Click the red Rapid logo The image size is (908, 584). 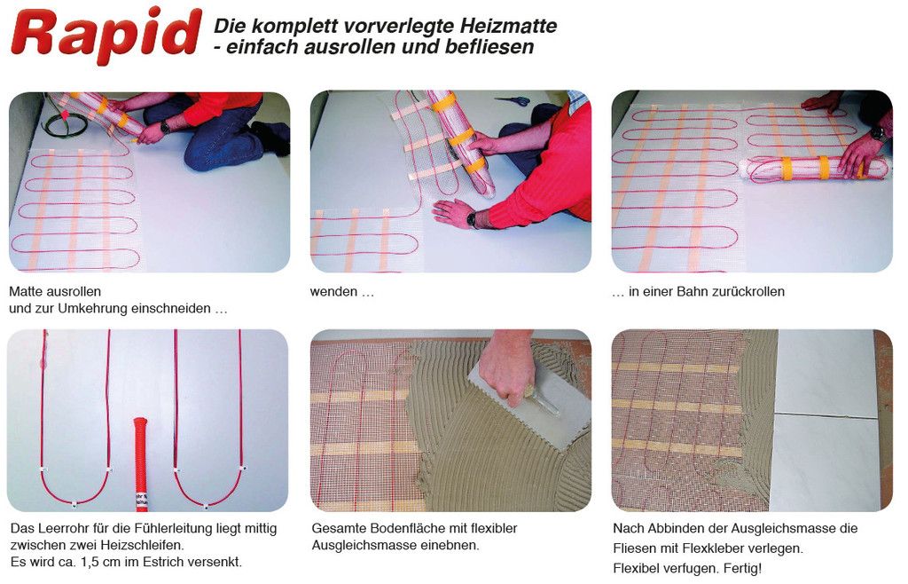[106, 35]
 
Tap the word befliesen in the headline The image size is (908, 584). [489, 47]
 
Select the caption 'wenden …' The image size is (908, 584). [341, 292]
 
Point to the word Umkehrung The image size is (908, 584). [93, 309]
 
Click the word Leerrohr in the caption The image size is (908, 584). [63, 528]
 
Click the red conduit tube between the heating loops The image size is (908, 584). [141, 463]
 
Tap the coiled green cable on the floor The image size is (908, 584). [64, 122]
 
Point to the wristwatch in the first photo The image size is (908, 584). [166, 126]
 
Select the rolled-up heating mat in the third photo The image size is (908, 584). [816, 168]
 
